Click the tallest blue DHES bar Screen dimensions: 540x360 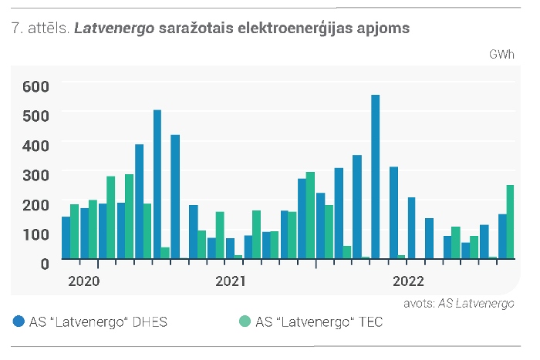(x=376, y=177)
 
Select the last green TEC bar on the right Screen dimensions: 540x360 (x=510, y=222)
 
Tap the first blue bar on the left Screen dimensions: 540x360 (x=66, y=237)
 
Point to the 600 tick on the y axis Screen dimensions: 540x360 (x=35, y=86)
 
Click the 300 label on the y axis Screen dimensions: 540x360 (x=35, y=175)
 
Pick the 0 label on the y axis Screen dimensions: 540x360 (x=45, y=264)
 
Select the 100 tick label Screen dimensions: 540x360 (x=35, y=234)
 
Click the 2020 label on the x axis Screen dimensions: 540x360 (x=84, y=281)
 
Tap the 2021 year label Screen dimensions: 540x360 (x=231, y=281)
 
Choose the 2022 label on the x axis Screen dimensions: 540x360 (x=408, y=281)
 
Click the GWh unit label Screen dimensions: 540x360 (x=501, y=55)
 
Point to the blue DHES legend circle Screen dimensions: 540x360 (x=19, y=321)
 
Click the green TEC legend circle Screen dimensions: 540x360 (x=245, y=321)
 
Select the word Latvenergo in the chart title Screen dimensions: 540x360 (x=114, y=29)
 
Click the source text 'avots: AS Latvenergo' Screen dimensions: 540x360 (x=459, y=304)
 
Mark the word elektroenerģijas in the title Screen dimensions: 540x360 (x=295, y=29)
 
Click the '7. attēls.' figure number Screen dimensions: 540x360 (x=41, y=28)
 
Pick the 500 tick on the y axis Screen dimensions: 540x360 (x=35, y=116)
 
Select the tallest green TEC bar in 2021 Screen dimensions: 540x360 (x=310, y=215)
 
